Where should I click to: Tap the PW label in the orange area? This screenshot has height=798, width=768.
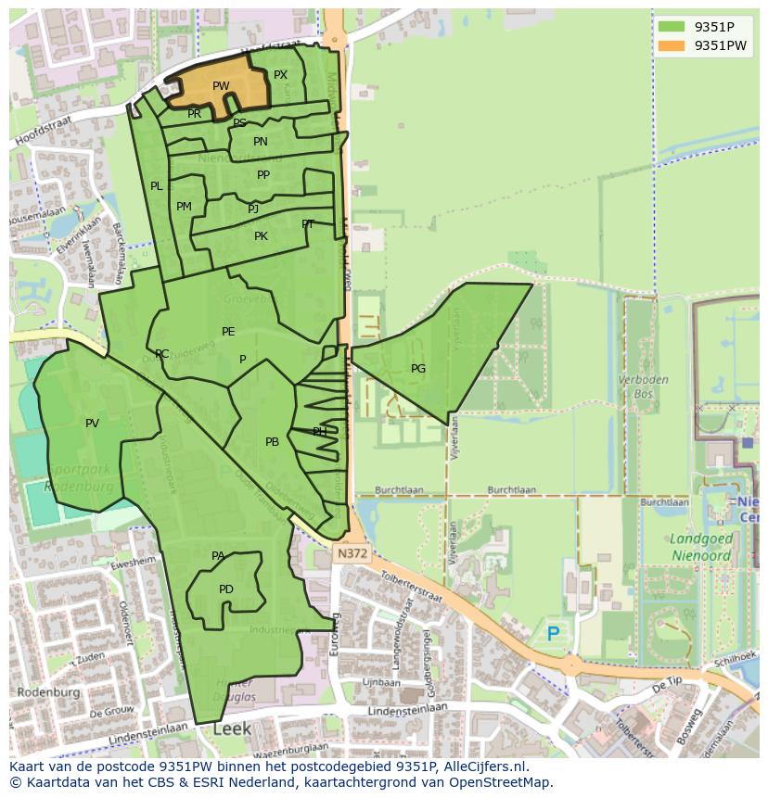click(221, 86)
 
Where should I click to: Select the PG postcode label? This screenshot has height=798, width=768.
click(418, 369)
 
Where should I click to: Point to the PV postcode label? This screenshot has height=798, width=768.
click(92, 424)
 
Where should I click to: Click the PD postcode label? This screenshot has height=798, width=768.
click(226, 589)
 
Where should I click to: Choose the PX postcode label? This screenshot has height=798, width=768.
click(280, 75)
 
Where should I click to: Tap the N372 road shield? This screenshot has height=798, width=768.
click(347, 551)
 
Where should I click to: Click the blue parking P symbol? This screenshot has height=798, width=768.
click(554, 634)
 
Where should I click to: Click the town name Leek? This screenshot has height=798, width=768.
click(232, 729)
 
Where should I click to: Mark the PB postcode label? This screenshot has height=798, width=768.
click(272, 442)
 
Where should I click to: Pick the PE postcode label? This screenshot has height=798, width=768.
click(228, 332)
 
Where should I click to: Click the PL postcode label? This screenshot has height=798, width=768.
click(157, 186)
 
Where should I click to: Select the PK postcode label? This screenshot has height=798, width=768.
click(261, 236)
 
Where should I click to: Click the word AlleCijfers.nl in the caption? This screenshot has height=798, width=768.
click(481, 766)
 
